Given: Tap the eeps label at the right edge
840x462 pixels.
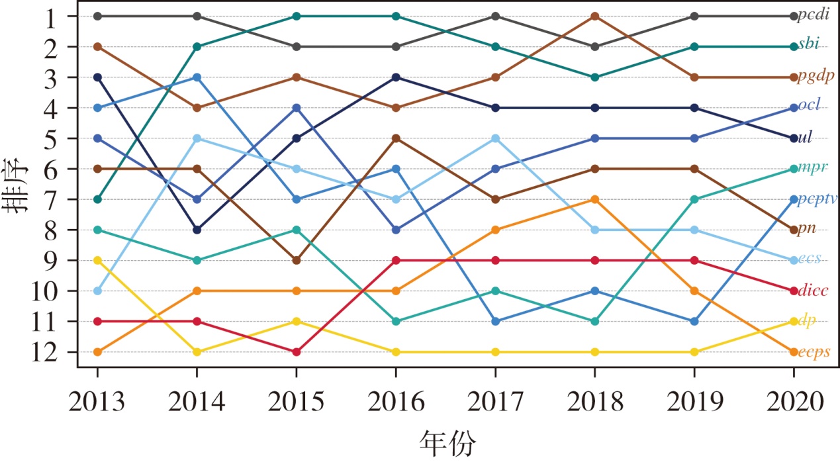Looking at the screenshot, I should pos(815,352).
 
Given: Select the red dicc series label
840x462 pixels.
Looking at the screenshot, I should pos(814,291).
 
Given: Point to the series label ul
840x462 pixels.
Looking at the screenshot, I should pos(806,138).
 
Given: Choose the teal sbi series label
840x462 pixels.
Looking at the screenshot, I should pos(808,45).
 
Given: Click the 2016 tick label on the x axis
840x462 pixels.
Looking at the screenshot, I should pos(395,401).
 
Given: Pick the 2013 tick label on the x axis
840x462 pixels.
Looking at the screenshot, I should pos(97,401).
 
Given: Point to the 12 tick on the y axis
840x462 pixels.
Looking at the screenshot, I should pos(44,351).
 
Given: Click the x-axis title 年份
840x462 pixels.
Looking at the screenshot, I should pos(447,443).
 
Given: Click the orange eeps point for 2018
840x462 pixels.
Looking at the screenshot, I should pos(594,199).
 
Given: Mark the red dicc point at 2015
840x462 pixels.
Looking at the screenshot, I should pos(296,351).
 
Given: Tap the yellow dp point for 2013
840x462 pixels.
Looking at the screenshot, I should pos(97,260).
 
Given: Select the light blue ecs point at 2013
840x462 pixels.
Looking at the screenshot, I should pos(97,291).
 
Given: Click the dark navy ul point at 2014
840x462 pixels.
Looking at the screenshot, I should pos(197,230).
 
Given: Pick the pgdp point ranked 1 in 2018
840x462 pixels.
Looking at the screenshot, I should pos(594,16).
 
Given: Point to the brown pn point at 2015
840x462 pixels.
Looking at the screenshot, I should pos(296,260).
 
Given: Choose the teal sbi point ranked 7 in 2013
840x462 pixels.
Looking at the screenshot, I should pos(97,199).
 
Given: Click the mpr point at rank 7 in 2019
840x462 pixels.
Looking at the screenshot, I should pos(694,199).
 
